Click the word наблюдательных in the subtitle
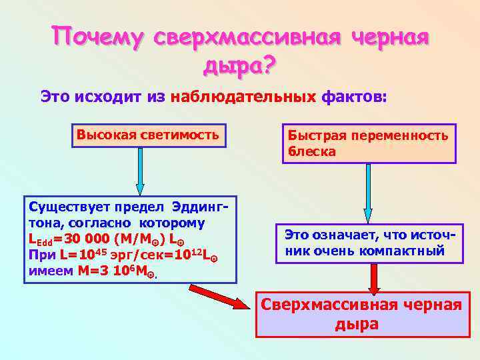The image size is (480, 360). tap(243, 97)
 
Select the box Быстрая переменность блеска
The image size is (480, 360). tap(368, 143)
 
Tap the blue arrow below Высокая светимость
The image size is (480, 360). tap(140, 171)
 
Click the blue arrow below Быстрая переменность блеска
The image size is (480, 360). tap(368, 194)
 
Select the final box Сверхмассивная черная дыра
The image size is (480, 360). tap(363, 314)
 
